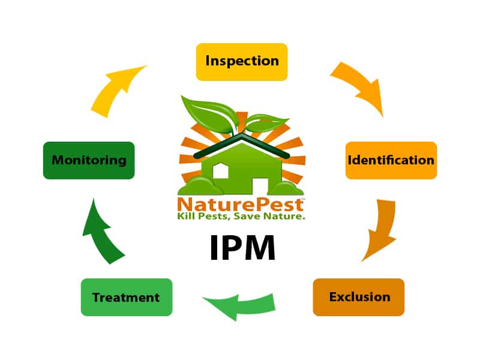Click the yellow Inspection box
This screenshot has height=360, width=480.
pos(242,61)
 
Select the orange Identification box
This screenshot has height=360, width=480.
pos(391,160)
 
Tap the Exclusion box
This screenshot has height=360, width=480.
pos(359,297)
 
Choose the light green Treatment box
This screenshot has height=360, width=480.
pos(126,297)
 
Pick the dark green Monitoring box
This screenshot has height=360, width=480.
pos(89,160)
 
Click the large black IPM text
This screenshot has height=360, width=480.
pos(243,248)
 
